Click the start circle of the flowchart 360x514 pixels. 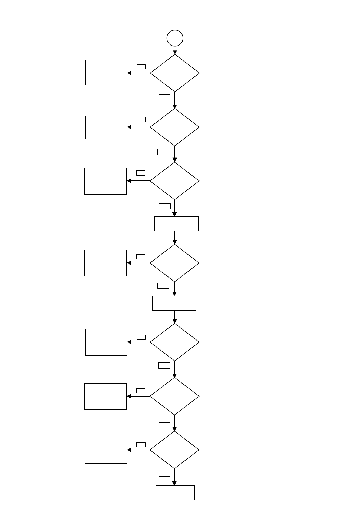point(175,38)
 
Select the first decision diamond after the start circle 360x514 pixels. point(174,73)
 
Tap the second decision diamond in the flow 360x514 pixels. point(174,127)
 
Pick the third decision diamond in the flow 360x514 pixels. point(174,181)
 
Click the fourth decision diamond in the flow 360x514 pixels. point(174,263)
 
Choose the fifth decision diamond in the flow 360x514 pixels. point(174,342)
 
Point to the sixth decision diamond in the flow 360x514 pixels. point(174,396)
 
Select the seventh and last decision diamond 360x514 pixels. point(174,450)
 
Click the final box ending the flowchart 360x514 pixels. point(175,493)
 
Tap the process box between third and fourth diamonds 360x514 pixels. point(176,224)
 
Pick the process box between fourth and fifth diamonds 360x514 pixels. point(174,303)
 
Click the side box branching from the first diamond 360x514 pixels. point(106,73)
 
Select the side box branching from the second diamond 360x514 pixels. point(106,127)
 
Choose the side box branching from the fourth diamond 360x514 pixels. point(106,263)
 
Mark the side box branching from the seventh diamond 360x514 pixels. point(106,450)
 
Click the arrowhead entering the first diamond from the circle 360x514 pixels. point(175,53)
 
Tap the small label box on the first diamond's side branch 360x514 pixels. point(141,67)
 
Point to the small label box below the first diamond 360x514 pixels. point(164,97)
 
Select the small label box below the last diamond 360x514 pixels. point(164,473)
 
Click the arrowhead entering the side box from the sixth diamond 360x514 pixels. point(129,396)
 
